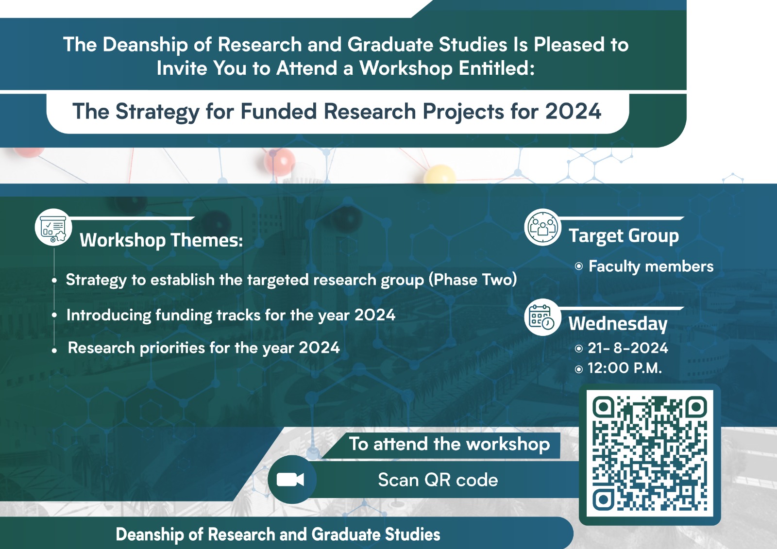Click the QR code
pos(650,454)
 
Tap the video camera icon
pos(290,480)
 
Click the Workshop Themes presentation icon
pos(53,228)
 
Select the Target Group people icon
pos(542,227)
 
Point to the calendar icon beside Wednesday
pos(541,316)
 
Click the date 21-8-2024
pos(628,348)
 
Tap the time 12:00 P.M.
pos(625,368)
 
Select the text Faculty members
pos(651,266)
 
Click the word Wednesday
pos(618,324)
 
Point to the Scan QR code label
pos(438,480)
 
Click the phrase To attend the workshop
pos(449,444)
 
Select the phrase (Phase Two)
pos(473,280)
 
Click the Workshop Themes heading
pos(161,240)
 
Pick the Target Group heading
pos(624,236)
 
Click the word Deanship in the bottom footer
pos(150,534)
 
